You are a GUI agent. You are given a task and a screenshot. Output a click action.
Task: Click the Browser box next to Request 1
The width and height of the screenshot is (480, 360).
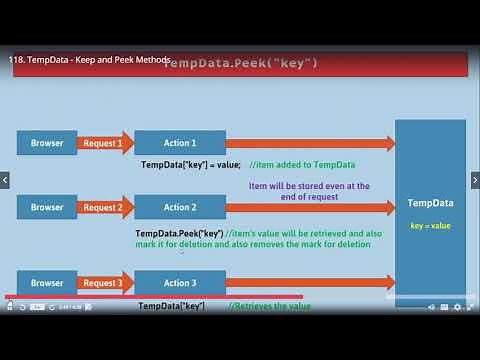[46, 143]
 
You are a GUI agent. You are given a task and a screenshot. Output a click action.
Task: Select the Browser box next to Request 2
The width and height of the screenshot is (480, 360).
[46, 207]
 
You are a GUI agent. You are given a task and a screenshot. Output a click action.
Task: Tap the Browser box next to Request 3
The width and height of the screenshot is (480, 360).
[46, 282]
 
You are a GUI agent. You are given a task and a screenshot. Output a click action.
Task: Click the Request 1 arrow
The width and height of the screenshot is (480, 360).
[104, 143]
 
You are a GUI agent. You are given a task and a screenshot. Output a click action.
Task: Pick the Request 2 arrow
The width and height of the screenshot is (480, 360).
[104, 207]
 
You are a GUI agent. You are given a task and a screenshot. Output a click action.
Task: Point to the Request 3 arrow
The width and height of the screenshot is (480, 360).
[104, 283]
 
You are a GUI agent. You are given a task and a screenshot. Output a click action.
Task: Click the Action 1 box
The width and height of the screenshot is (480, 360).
[180, 143]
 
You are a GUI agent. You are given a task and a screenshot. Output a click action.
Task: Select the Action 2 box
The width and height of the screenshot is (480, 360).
[180, 207]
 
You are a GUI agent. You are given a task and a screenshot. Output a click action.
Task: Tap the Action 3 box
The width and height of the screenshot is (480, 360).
[180, 282]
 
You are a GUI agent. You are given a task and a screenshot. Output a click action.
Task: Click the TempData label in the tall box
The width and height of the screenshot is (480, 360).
[430, 204]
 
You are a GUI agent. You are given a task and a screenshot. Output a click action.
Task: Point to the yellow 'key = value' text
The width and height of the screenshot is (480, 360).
[430, 226]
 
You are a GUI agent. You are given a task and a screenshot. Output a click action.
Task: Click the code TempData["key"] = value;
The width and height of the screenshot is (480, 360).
[190, 164]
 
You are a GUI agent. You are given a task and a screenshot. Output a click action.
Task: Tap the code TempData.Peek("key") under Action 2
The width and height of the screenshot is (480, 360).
[179, 233]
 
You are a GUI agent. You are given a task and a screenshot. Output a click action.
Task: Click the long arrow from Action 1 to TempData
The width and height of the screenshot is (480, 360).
[310, 143]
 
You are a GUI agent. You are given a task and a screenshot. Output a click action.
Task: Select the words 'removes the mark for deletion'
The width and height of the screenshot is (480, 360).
[320, 244]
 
